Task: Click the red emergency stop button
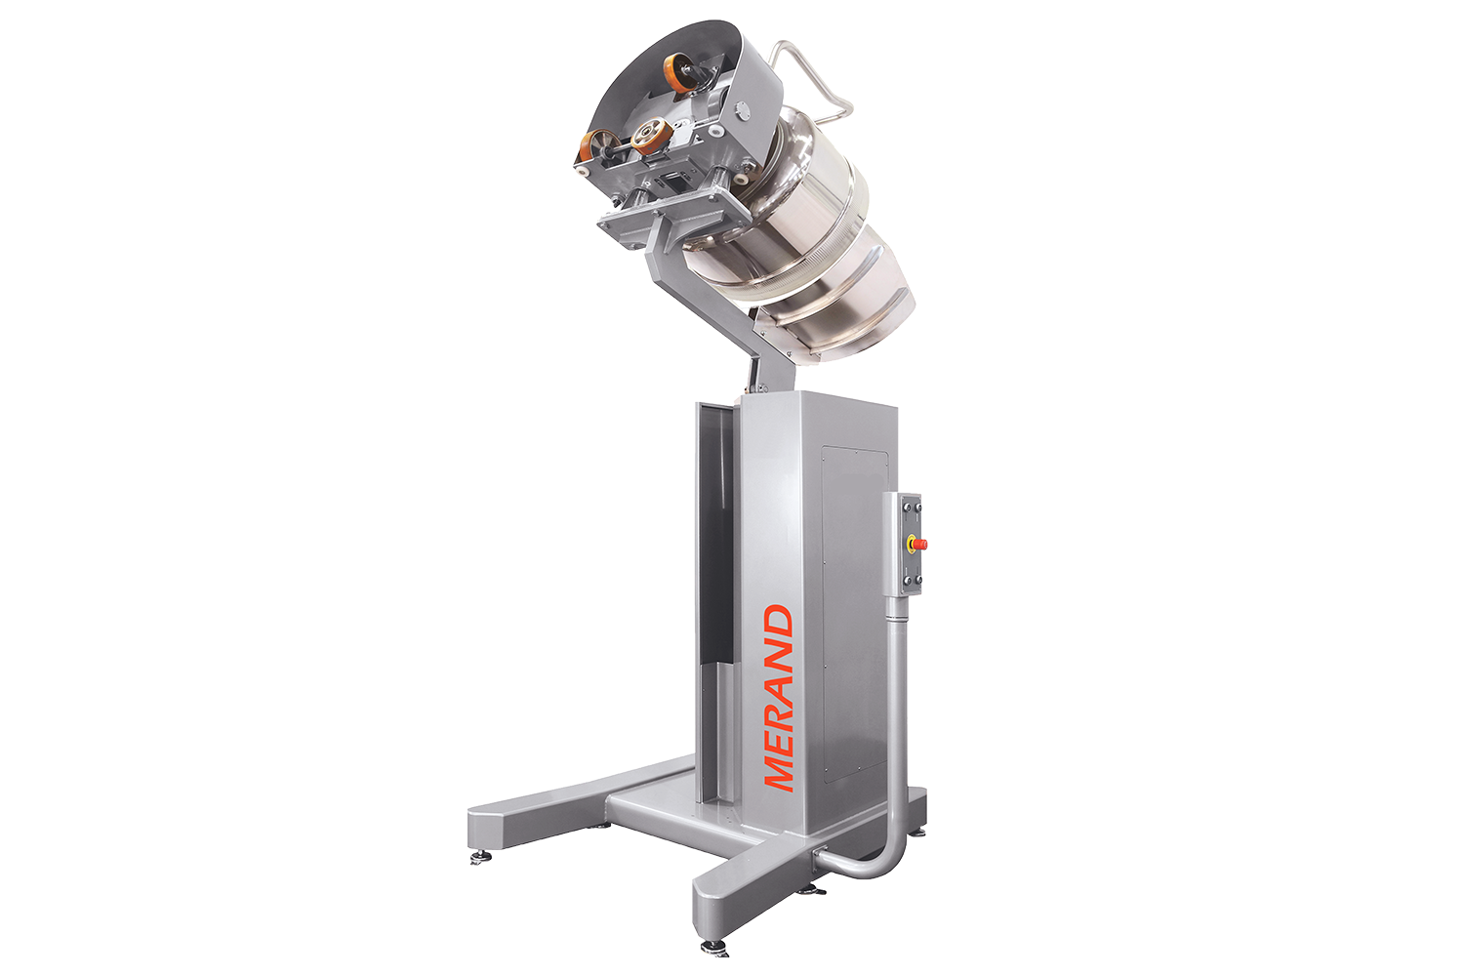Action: [x=919, y=544]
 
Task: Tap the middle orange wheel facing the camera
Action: [x=652, y=136]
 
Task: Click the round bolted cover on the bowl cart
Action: [x=742, y=110]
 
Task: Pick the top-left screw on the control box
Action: [x=905, y=505]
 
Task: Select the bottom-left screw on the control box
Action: [x=905, y=581]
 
